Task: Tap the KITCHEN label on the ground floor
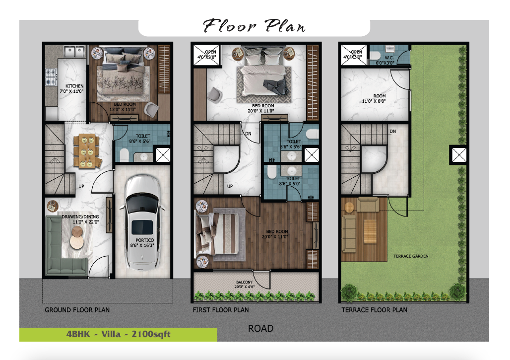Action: [74, 86]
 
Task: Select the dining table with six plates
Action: [86, 151]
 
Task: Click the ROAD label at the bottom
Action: [260, 328]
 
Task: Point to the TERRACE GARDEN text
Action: [411, 256]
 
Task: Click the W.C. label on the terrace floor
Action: [389, 58]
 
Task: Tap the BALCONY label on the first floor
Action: [244, 282]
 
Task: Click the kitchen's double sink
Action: [74, 52]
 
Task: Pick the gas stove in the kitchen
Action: [51, 77]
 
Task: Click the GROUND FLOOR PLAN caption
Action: [77, 310]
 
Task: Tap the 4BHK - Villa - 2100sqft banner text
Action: [118, 334]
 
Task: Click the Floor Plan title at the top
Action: [254, 26]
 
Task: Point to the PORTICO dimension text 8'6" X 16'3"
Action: [142, 245]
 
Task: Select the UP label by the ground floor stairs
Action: [81, 186]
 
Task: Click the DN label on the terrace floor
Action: [392, 132]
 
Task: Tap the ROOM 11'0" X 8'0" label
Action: [374, 99]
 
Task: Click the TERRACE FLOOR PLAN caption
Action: [374, 310]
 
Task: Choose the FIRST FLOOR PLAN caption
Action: [221, 310]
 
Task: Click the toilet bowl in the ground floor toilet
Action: [124, 155]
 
